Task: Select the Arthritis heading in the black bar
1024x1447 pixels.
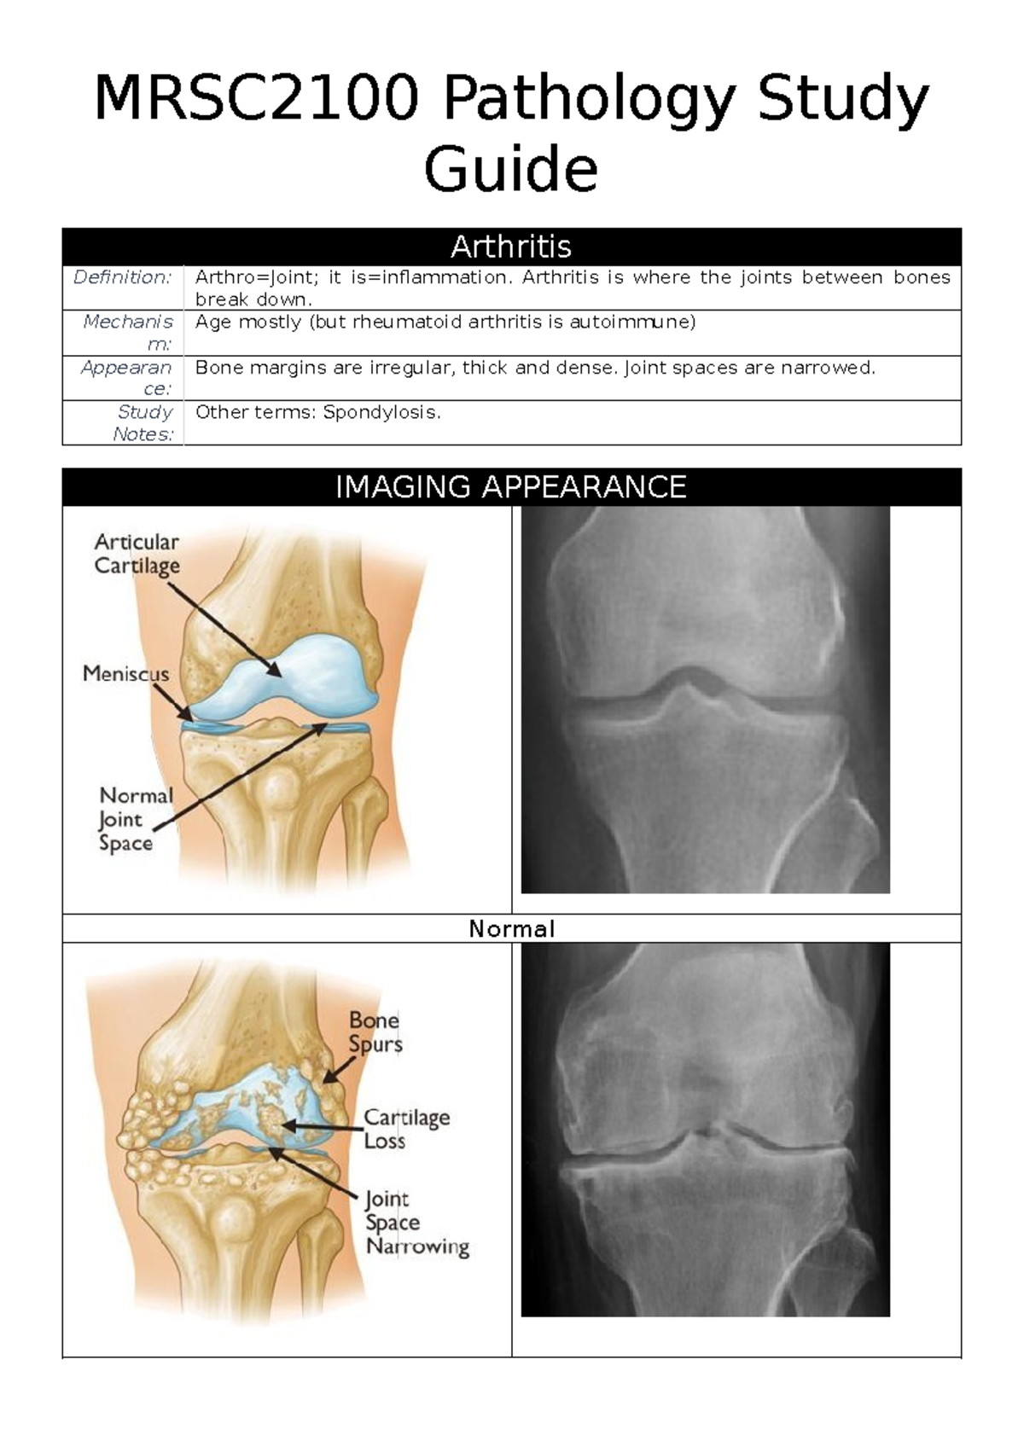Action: [x=511, y=247]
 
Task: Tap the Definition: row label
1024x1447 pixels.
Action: [x=123, y=277]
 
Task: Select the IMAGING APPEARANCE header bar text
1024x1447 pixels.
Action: [x=511, y=487]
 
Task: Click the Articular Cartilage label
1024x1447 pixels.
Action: [x=137, y=554]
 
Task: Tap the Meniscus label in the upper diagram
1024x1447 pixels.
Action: [x=125, y=674]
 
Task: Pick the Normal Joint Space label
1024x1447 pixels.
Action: [x=134, y=819]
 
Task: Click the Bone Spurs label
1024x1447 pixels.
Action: [x=375, y=1032]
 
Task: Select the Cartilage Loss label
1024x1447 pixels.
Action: [x=406, y=1129]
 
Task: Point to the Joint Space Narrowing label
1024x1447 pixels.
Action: [x=416, y=1223]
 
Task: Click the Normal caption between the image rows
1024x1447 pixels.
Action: [x=511, y=928]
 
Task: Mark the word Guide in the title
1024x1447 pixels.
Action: [x=511, y=170]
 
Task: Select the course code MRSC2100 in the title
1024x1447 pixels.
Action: [x=257, y=99]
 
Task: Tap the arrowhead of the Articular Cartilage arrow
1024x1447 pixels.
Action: [x=277, y=674]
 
